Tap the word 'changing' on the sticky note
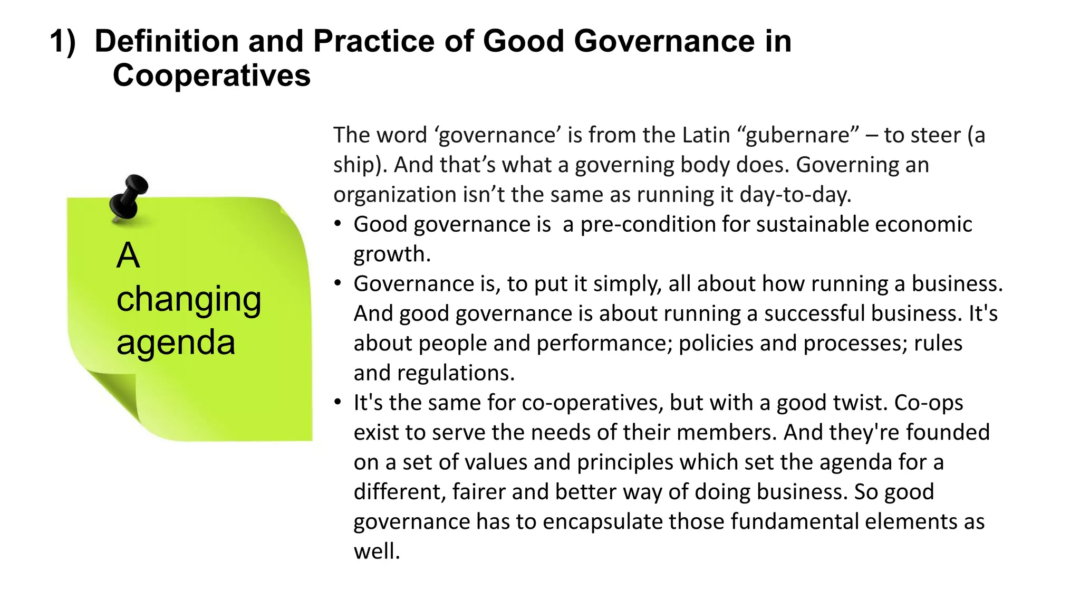(x=189, y=299)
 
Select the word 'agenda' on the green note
(x=176, y=343)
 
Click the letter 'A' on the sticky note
(x=128, y=256)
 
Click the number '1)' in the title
(x=63, y=41)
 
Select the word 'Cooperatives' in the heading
(x=211, y=75)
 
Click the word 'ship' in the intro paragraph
(x=354, y=165)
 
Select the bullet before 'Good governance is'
(x=338, y=224)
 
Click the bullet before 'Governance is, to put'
(x=338, y=283)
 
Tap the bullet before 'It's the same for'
(x=338, y=402)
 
